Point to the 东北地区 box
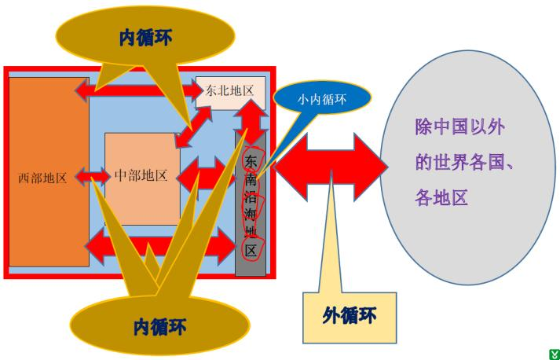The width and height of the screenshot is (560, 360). pos(229,91)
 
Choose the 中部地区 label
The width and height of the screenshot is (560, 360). pos(141,174)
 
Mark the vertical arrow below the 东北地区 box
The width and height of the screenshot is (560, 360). pos(253,120)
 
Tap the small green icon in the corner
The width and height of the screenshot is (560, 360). pos(552,354)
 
